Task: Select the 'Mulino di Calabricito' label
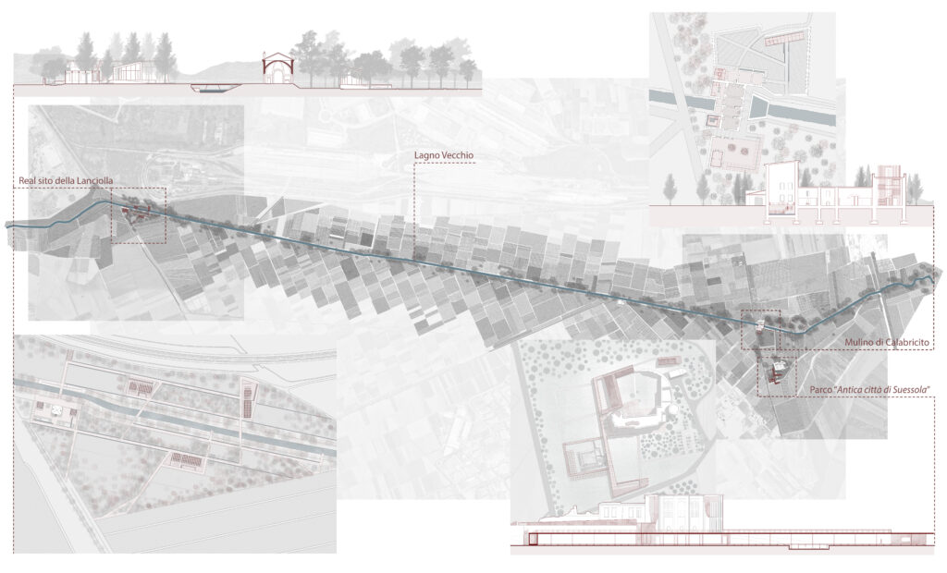coord(885,344)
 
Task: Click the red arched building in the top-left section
coord(276,68)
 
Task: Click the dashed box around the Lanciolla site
coord(139,215)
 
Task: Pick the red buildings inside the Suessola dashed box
coord(778,372)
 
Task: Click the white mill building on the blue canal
coord(759,323)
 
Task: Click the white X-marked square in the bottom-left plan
coord(52,412)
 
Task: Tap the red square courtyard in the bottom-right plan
coord(583,461)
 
